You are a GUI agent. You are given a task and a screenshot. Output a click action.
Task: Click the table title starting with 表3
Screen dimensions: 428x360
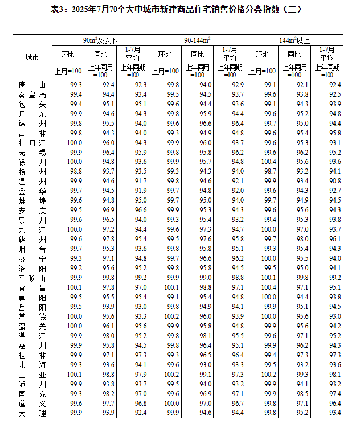point(180,10)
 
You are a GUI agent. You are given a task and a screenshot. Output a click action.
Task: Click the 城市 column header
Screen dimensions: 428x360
point(32,57)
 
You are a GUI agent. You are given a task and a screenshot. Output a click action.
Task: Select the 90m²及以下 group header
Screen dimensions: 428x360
point(100,40)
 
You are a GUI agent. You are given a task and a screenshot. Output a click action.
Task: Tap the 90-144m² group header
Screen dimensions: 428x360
point(197,40)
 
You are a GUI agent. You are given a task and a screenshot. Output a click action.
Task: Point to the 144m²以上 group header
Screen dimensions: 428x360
point(294,40)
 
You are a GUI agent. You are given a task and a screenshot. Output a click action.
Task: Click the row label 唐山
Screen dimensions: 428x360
point(32,84)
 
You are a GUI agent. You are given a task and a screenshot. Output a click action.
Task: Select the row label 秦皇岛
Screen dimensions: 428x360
point(32,94)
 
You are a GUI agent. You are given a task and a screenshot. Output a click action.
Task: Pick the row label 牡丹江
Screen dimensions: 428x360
point(32,142)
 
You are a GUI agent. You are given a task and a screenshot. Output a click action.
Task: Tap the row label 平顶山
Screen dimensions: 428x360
point(32,278)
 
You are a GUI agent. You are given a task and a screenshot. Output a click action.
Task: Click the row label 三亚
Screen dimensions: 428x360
point(32,374)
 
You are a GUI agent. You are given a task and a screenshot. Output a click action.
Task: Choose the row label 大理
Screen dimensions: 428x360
point(32,413)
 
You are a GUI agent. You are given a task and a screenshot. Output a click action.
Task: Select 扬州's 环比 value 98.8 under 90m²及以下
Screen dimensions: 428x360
point(76,171)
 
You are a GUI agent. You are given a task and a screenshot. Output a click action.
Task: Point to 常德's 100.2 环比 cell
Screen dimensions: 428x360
point(173,316)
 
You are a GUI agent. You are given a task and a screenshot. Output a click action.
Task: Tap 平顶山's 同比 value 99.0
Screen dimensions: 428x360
point(206,278)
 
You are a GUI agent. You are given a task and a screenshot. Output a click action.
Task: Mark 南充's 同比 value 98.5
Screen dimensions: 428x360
point(302,394)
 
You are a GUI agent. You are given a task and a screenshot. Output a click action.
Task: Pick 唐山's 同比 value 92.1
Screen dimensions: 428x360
point(302,84)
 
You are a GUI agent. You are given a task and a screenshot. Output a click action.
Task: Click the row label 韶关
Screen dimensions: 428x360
point(32,326)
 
